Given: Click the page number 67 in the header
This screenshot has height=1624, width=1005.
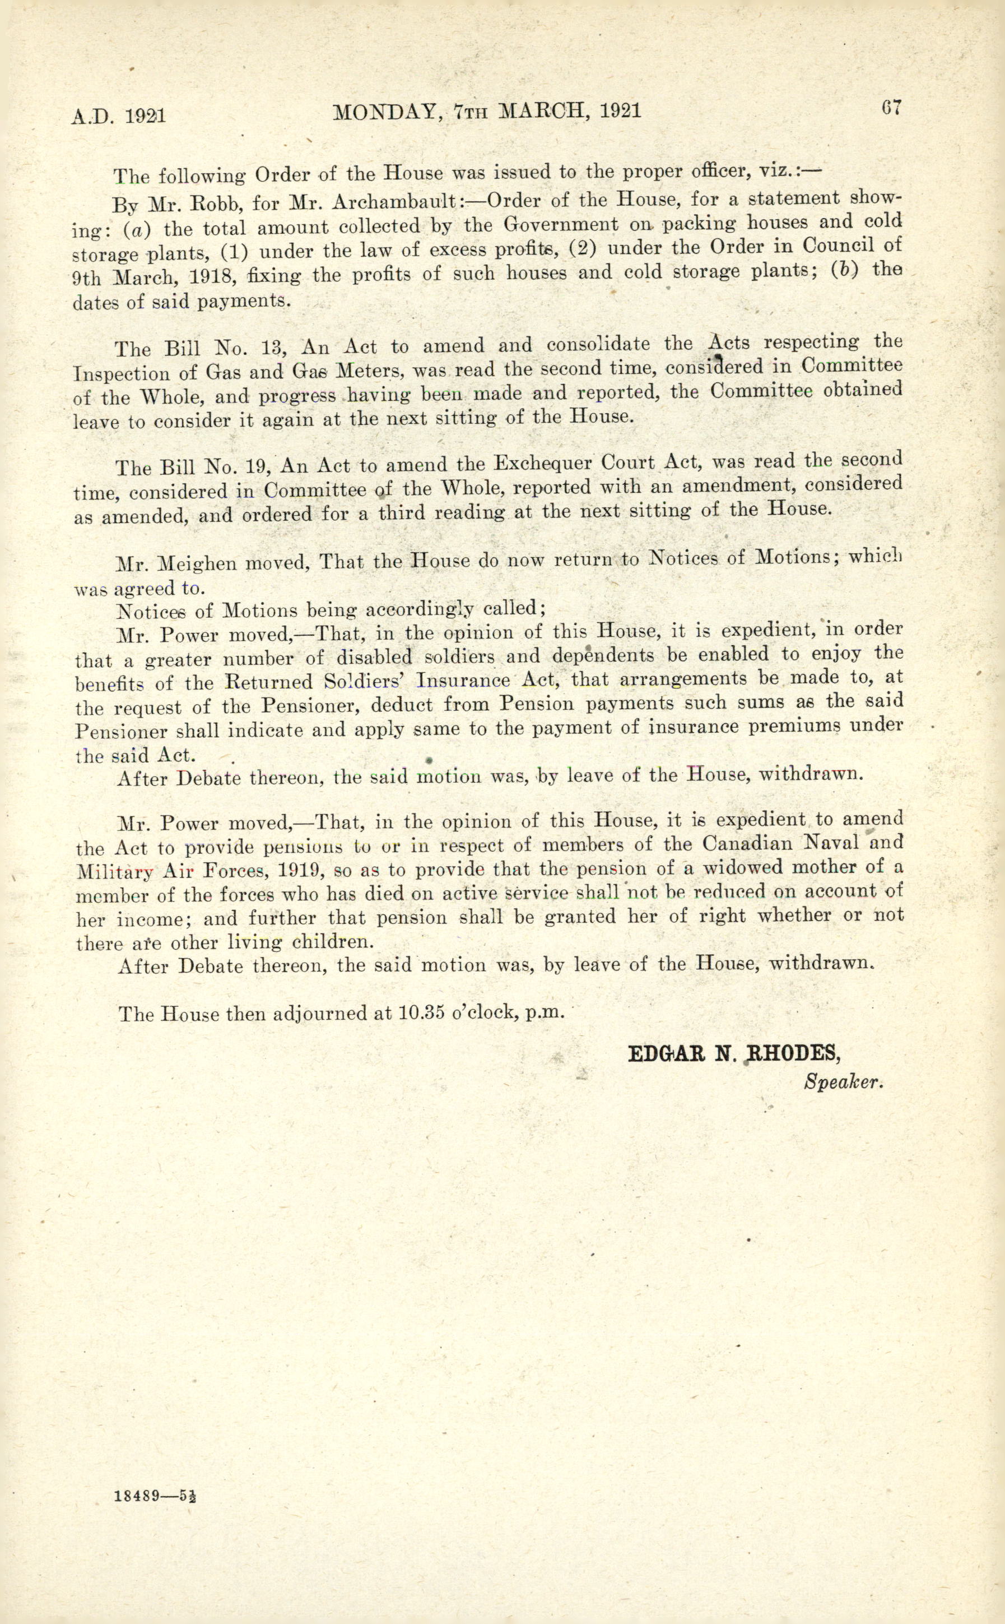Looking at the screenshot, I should click(x=891, y=108).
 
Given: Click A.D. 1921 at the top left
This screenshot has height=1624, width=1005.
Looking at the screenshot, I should click(x=118, y=117).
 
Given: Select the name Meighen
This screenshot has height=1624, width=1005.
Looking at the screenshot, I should click(x=197, y=564).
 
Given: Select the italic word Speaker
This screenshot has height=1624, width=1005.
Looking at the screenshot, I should click(x=843, y=1082).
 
